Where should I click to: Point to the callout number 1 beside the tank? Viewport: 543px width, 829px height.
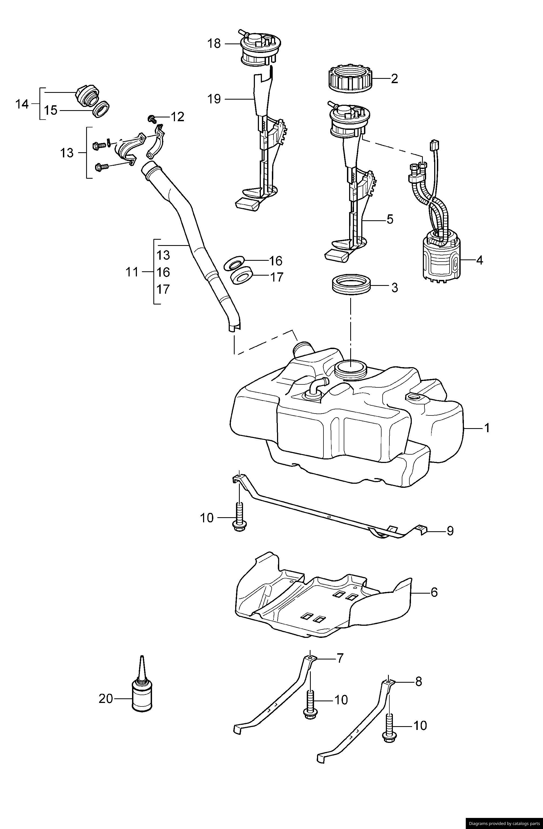pos(487,428)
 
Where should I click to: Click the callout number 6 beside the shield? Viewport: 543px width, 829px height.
pos(434,592)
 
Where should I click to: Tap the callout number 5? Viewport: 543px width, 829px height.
pos(389,219)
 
